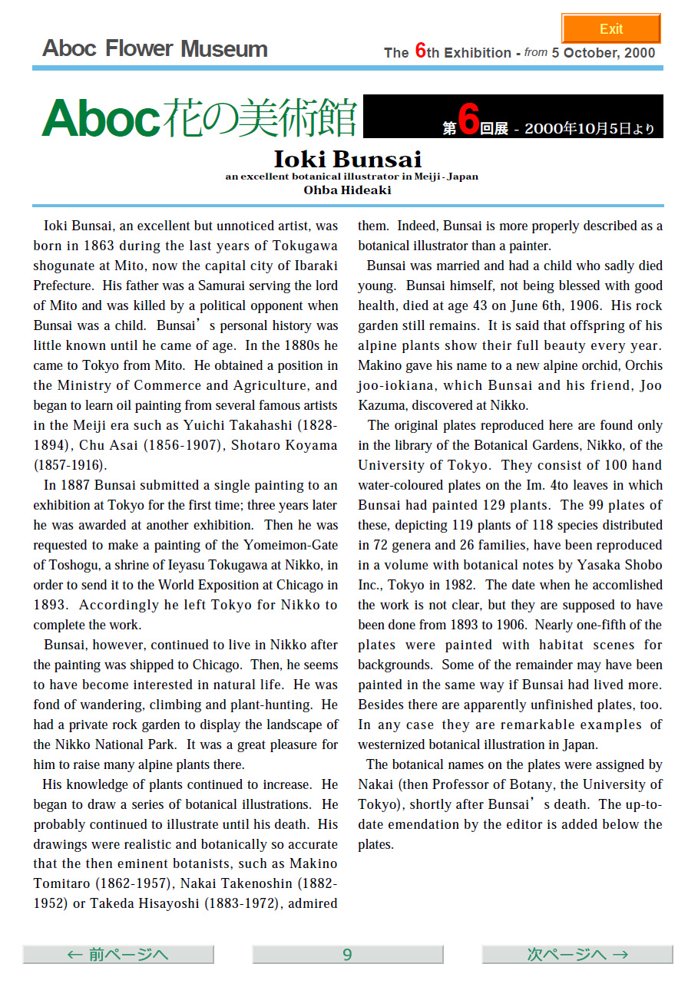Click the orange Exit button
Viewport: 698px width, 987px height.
610,28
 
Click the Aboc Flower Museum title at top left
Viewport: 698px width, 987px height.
155,49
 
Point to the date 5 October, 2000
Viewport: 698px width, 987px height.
604,53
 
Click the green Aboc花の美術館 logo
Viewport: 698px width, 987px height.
200,117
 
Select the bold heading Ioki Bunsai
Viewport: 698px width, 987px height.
348,160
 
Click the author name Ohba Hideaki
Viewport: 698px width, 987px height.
348,190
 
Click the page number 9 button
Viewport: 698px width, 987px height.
347,954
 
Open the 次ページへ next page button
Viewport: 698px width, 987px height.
577,954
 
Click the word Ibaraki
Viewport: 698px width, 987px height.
313,266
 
